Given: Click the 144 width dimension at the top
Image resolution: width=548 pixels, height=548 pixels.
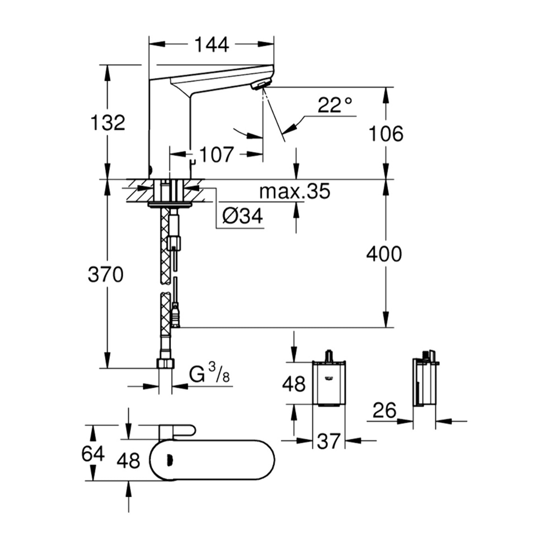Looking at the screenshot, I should tap(211, 45).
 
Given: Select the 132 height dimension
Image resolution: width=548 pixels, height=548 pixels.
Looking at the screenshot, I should tap(108, 122).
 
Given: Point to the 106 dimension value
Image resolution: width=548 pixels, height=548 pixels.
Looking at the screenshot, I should tap(385, 134).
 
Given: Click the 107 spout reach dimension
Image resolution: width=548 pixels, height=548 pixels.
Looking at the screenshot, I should tap(216, 155).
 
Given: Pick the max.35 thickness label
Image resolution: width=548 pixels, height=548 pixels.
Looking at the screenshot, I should tap(294, 192).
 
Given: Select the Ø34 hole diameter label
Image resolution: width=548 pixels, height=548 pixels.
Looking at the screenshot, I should tap(242, 217).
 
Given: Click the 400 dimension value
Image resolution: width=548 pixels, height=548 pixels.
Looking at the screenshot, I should tap(384, 254).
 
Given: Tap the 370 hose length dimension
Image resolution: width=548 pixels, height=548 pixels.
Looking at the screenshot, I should tap(105, 275).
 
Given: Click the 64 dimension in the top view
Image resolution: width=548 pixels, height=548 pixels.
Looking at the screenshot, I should tap(93, 454).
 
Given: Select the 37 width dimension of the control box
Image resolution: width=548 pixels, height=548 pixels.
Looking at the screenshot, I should tap(329, 441).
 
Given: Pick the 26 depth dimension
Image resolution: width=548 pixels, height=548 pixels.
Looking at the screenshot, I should tap(384, 410).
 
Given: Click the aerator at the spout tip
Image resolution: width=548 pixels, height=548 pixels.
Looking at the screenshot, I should tap(261, 84).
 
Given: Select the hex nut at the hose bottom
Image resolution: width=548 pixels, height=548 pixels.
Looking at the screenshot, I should tap(166, 363).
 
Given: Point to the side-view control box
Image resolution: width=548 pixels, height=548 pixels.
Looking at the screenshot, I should tap(423, 382).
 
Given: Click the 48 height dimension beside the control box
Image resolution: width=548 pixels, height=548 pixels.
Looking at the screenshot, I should tap(294, 384).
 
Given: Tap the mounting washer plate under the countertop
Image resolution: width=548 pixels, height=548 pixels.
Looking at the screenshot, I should tap(170, 205).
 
